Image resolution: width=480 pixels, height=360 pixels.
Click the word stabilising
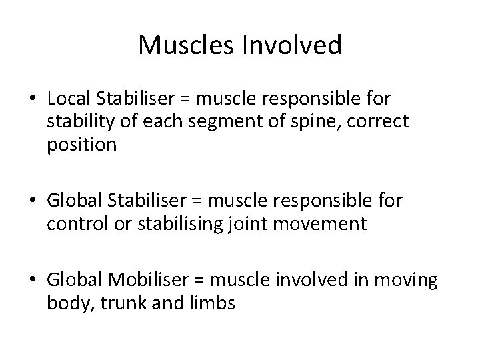176,223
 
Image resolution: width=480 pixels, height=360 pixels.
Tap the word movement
327,223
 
